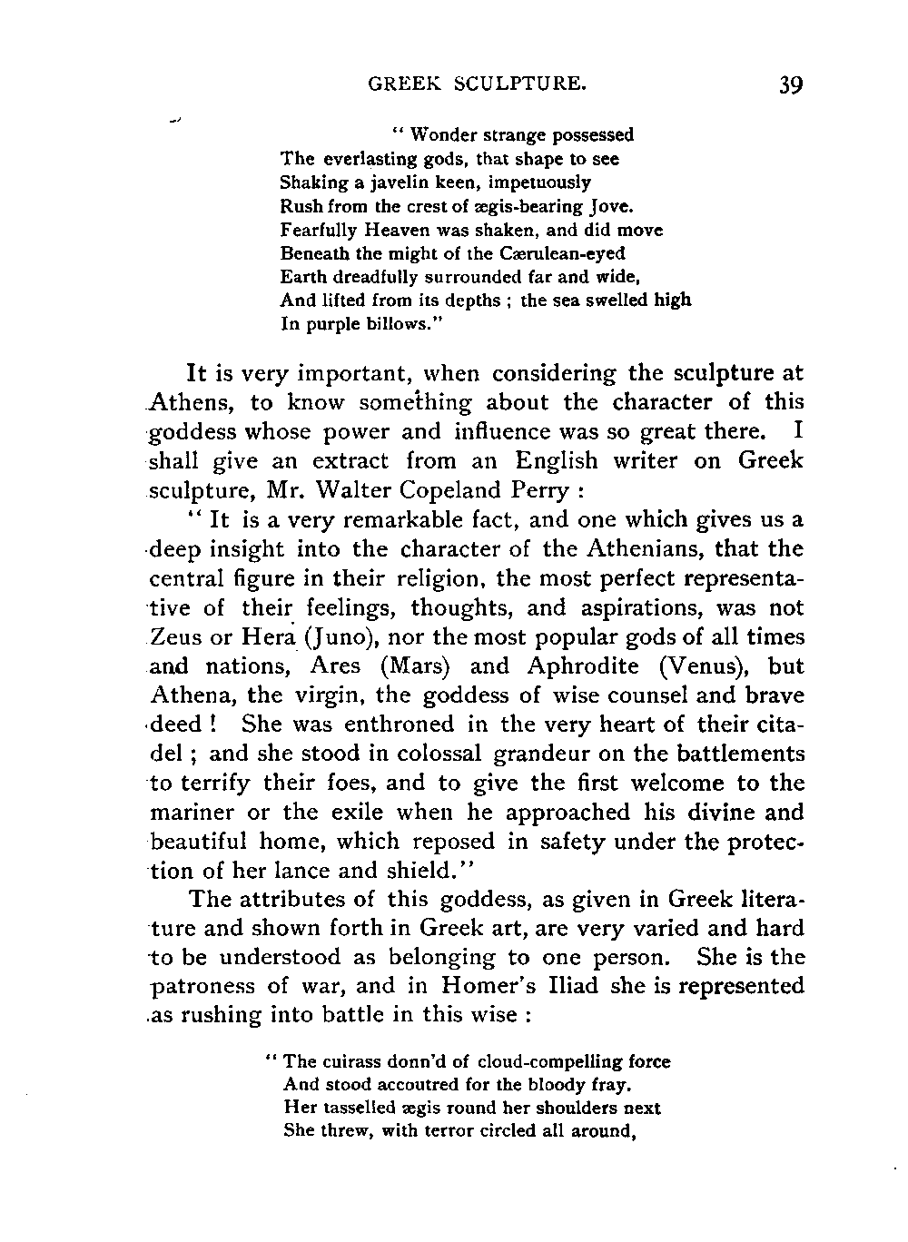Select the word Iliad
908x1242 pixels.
point(544,987)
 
